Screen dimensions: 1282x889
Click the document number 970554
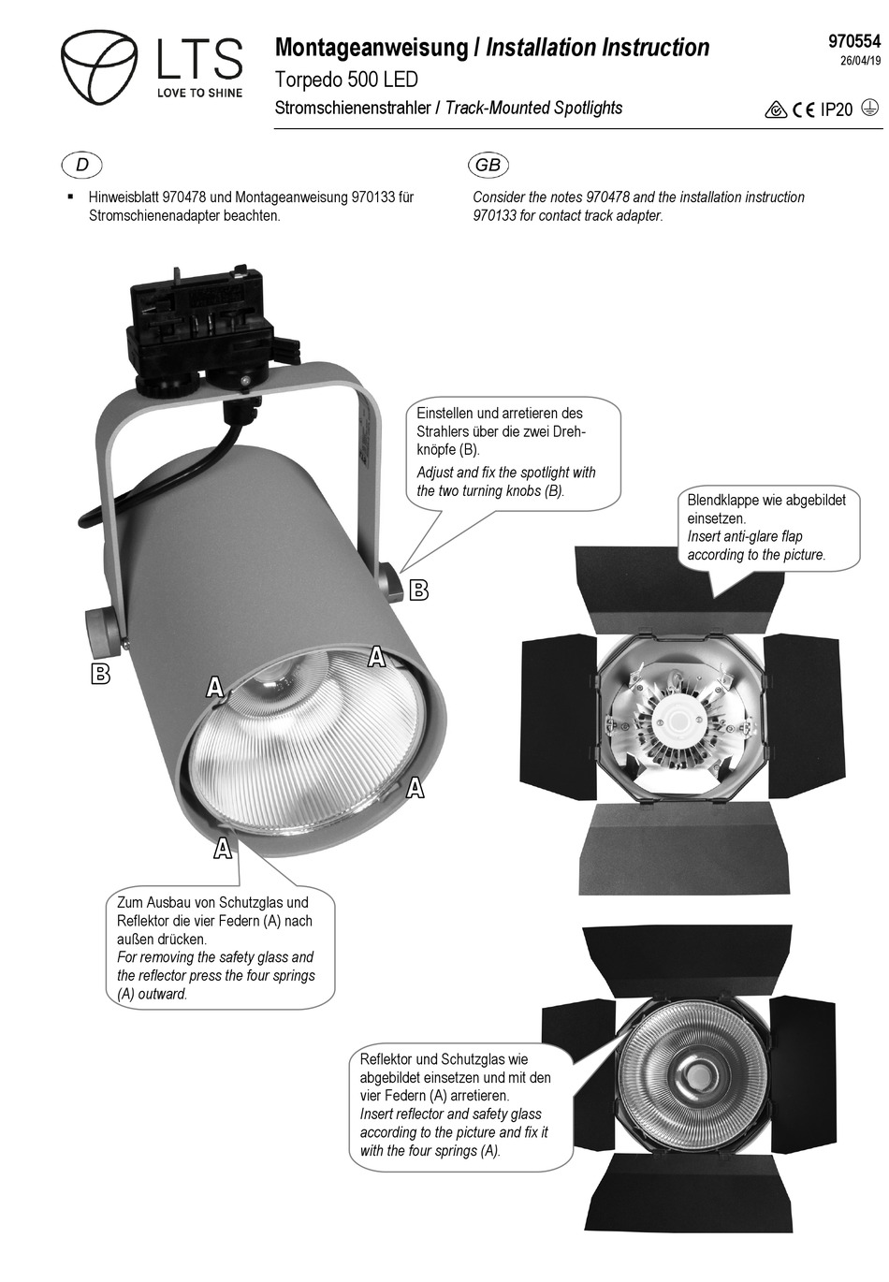click(x=853, y=41)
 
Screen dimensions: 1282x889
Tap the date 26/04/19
click(x=860, y=63)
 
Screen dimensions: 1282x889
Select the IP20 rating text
click(x=837, y=110)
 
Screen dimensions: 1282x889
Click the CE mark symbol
click(x=803, y=110)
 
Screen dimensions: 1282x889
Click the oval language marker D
click(x=82, y=166)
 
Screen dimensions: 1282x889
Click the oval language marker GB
click(x=488, y=166)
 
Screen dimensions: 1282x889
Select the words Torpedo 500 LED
click(x=346, y=80)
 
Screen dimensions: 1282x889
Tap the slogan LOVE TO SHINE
click(x=199, y=93)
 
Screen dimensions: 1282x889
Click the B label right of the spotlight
click(x=419, y=590)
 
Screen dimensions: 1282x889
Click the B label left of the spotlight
click(x=100, y=673)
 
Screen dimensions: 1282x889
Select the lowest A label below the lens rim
click(x=223, y=849)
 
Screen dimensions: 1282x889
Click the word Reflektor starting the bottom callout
click(x=386, y=1059)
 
